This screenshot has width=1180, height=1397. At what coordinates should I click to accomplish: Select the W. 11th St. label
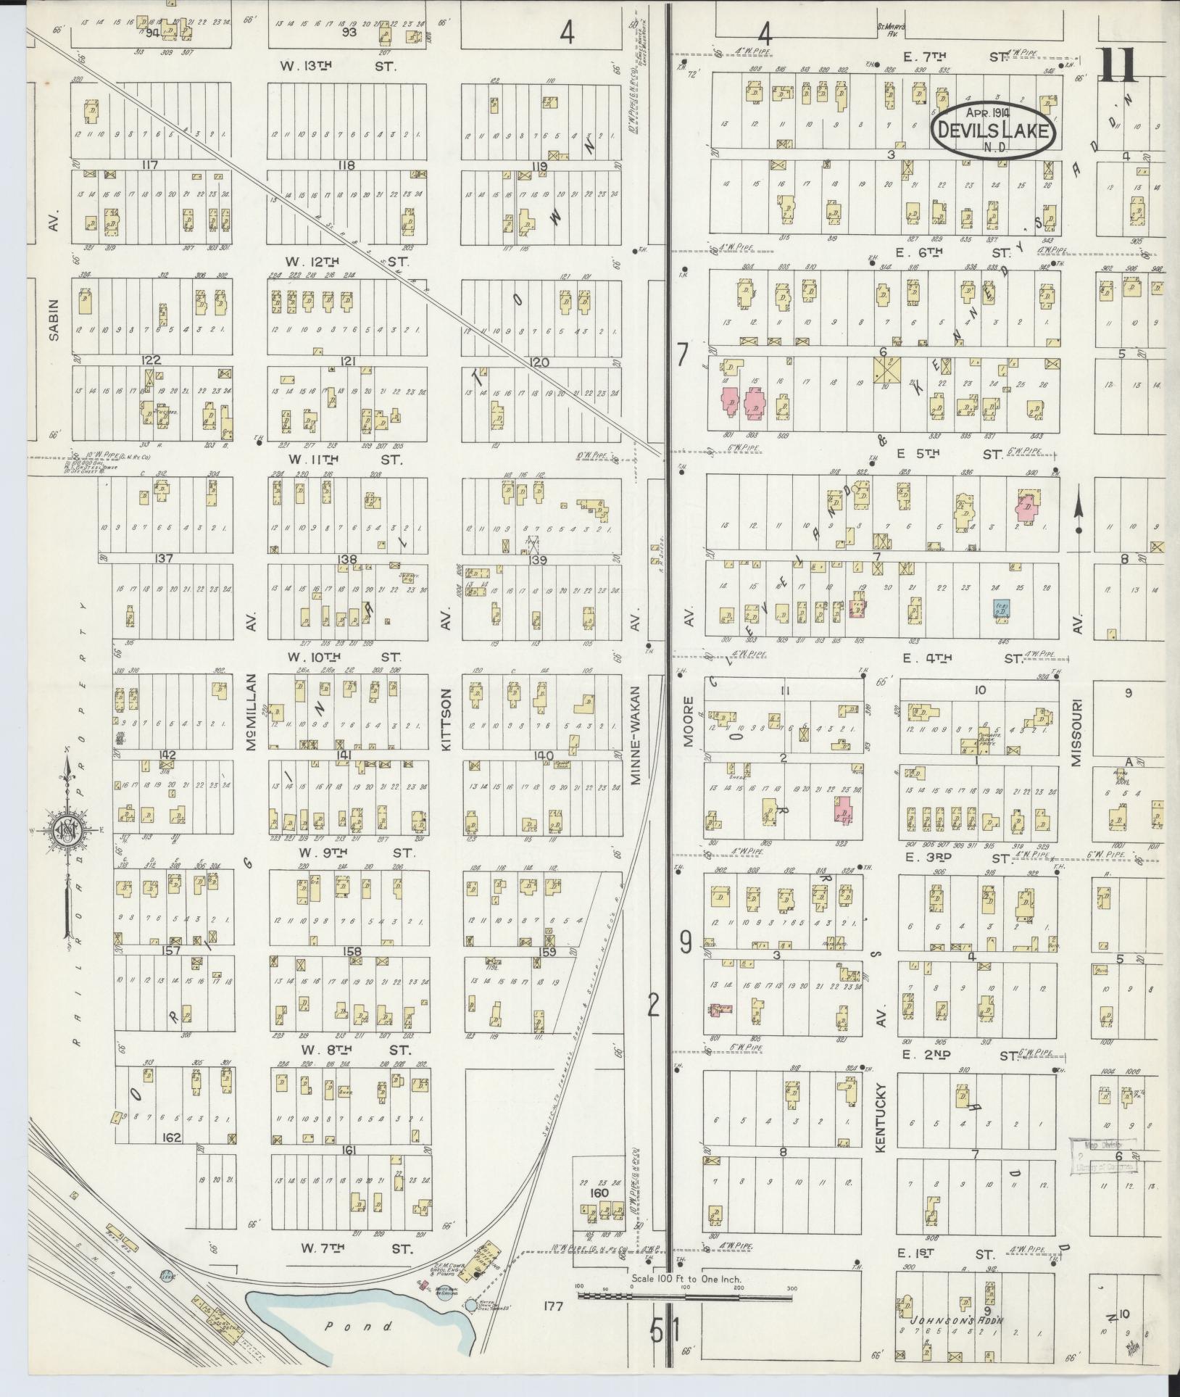point(344,460)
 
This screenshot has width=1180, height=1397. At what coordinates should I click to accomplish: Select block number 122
point(151,360)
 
